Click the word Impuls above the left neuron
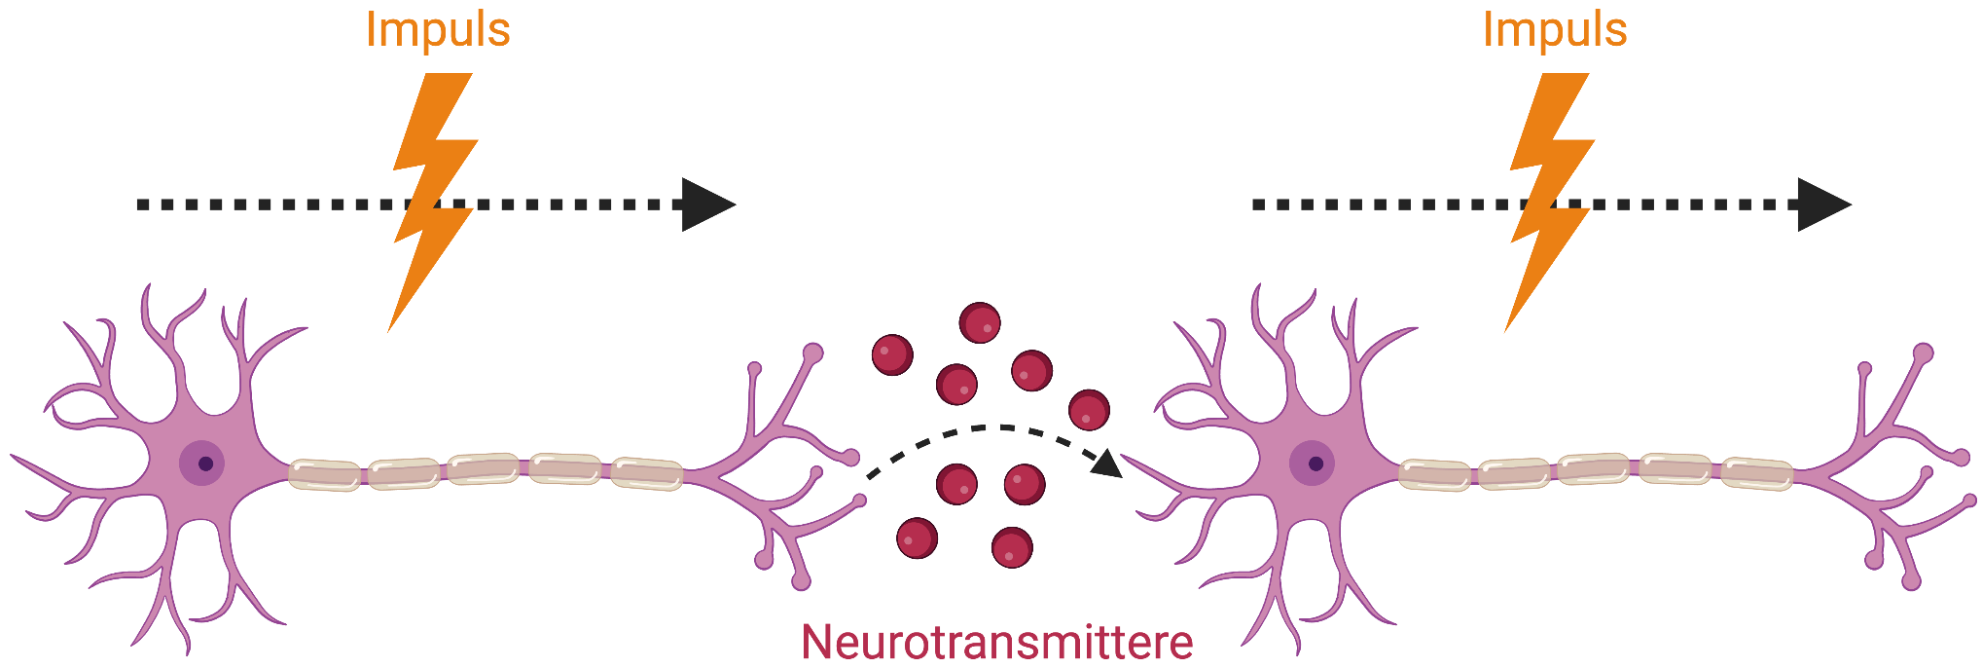438,30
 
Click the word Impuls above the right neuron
1554,30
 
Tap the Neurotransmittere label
996,643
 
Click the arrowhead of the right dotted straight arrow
1822,204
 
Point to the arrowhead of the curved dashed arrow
1107,464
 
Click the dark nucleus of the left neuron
205,464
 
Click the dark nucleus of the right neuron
1315,464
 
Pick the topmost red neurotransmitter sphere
980,323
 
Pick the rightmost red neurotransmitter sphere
1089,410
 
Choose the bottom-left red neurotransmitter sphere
917,538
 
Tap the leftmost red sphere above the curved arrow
892,354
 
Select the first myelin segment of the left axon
324,474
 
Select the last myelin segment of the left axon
646,473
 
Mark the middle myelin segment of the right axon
1594,468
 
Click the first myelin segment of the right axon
1434,474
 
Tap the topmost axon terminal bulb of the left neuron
812,353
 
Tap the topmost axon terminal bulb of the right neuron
1923,353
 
